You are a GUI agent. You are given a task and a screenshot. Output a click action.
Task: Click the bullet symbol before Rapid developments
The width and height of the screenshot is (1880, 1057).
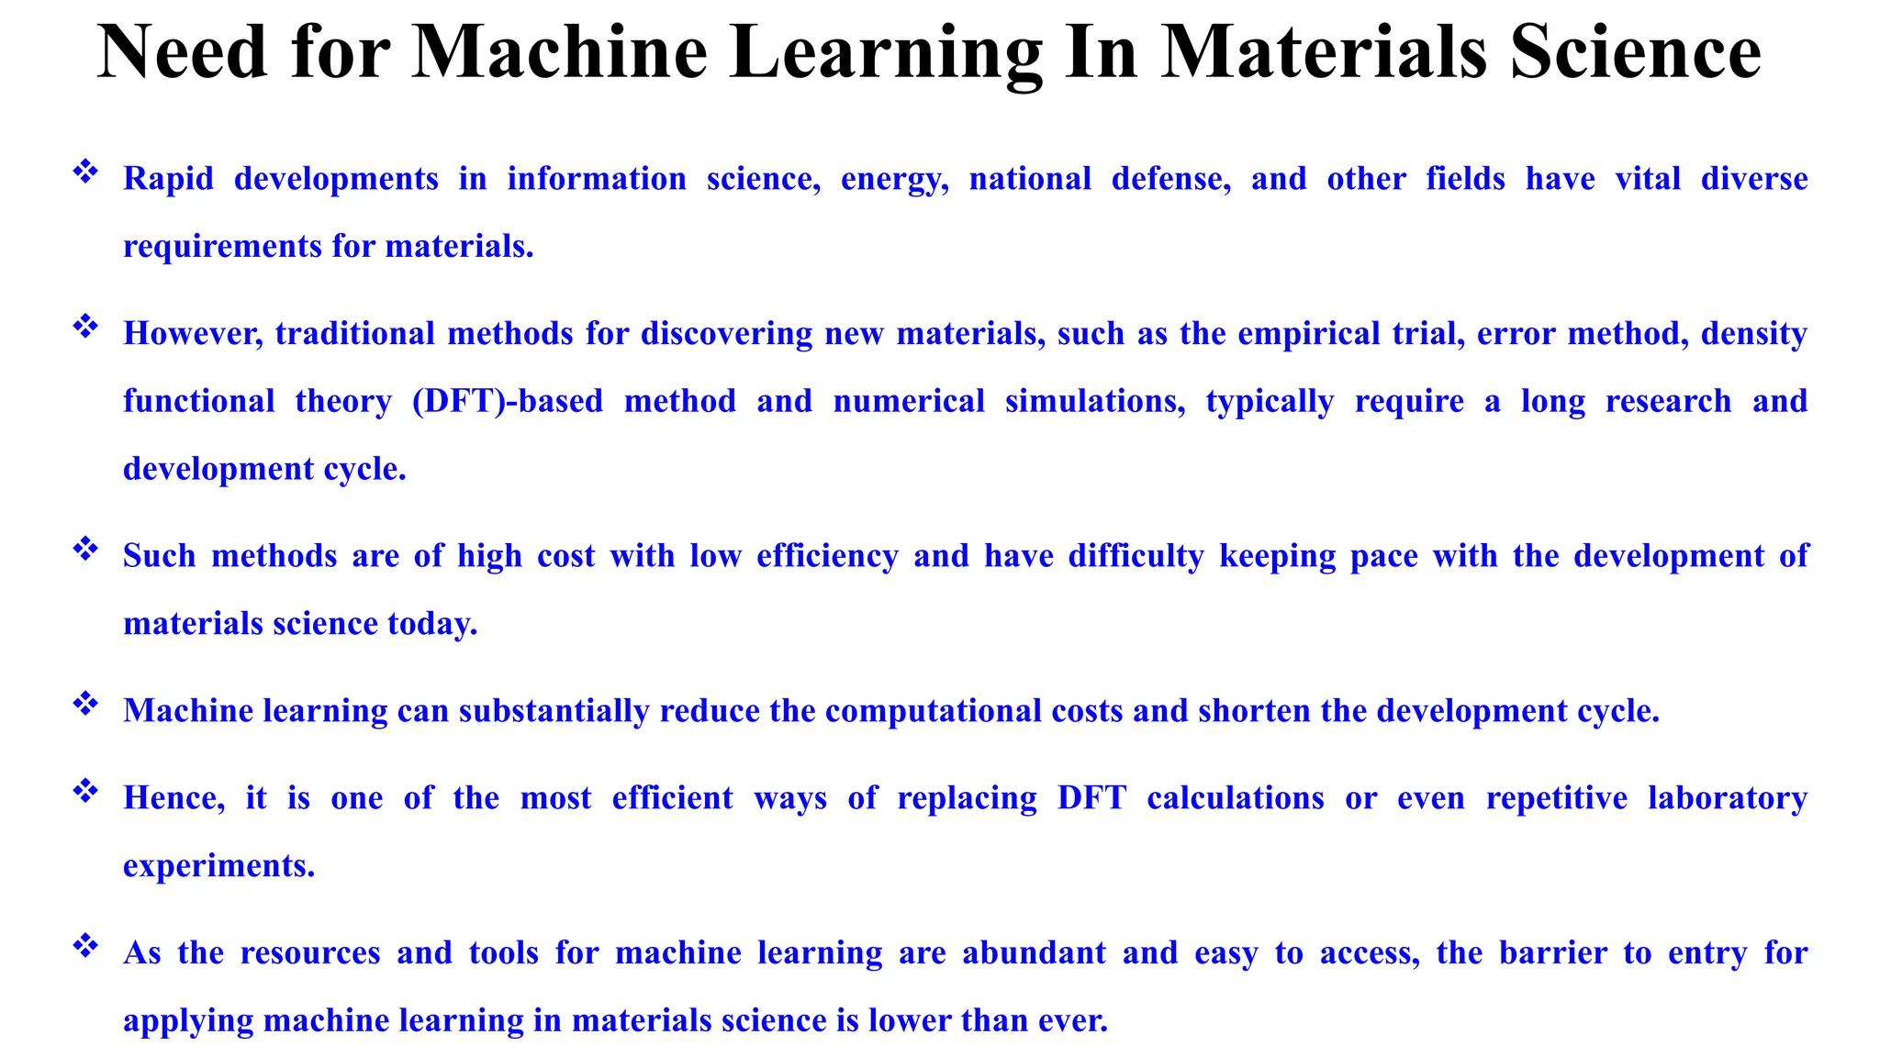85,172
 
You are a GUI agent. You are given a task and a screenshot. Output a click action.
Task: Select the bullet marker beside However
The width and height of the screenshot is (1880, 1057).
85,327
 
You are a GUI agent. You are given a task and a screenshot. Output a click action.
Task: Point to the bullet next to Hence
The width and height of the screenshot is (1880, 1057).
85,791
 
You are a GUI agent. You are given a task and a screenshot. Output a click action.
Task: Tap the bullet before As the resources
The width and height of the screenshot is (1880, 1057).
85,946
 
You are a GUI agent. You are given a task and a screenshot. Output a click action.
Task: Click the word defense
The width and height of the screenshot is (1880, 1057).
1170,178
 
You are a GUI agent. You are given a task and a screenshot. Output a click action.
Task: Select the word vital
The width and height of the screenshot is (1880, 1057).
1648,178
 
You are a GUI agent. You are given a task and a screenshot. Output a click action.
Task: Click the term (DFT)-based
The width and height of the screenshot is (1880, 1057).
508,401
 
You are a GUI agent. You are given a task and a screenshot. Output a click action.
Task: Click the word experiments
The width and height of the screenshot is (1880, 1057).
218,866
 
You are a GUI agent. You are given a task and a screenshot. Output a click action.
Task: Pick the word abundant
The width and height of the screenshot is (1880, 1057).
1034,953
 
